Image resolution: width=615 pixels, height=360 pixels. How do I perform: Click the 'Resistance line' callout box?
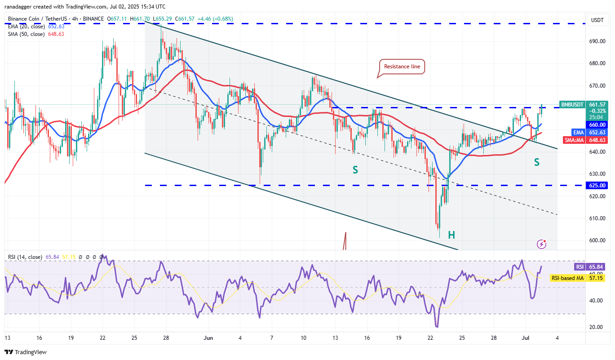pos(402,67)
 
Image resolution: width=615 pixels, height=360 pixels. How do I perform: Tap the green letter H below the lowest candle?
pos(451,235)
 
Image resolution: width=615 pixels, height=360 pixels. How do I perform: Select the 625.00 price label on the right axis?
pos(597,185)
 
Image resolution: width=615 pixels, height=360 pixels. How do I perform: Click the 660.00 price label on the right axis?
pos(597,124)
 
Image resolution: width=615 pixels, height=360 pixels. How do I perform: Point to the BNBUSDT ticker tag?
pos(572,105)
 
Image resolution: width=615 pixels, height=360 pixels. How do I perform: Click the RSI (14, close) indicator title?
pos(25,257)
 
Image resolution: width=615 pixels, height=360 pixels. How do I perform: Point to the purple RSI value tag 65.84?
pos(597,267)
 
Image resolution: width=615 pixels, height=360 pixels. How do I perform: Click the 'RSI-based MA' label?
pos(568,278)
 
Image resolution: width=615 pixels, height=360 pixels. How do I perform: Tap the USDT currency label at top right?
pos(597,20)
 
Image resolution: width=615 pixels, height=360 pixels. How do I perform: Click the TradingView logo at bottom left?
pos(26,352)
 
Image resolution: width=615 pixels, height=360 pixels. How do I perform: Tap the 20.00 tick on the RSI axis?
pos(596,327)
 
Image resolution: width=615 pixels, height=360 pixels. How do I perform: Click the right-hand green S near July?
pos(536,162)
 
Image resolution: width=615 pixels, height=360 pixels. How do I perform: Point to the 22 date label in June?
pos(430,338)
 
